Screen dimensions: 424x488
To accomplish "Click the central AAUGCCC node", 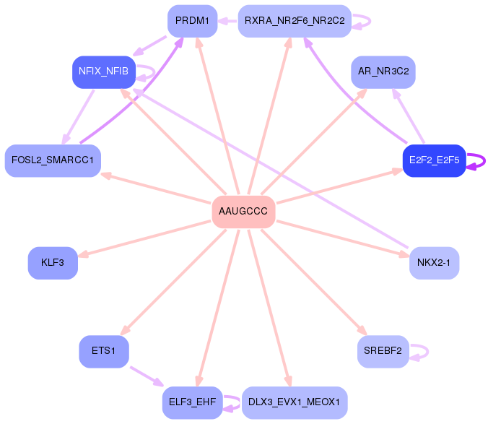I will [x=243, y=212].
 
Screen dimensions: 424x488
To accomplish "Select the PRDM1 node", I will [x=192, y=21].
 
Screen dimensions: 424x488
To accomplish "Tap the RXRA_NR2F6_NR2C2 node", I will [x=294, y=21].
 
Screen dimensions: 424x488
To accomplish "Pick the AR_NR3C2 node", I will [x=383, y=72].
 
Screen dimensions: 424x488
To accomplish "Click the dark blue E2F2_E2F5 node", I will [x=434, y=160].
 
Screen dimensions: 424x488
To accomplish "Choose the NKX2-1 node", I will [x=434, y=263].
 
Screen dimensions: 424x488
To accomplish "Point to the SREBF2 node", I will [x=383, y=351].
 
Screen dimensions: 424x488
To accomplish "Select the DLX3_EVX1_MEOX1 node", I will [x=294, y=402].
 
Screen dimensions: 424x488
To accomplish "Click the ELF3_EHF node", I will [x=192, y=402].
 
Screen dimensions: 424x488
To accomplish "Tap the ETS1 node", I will [x=103, y=351].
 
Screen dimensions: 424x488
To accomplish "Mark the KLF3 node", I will [x=53, y=263].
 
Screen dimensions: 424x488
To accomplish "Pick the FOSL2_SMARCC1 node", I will [x=53, y=160].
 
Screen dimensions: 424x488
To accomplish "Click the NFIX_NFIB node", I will [x=103, y=72].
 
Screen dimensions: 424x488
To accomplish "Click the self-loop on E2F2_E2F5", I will [x=476, y=161].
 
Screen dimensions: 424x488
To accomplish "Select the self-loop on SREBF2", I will [x=421, y=352].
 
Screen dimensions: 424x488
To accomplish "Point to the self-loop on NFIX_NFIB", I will [x=147, y=72].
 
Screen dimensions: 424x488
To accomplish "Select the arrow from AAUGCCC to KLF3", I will [x=144, y=238].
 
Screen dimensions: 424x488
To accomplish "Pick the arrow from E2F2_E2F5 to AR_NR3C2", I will [x=409, y=116].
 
